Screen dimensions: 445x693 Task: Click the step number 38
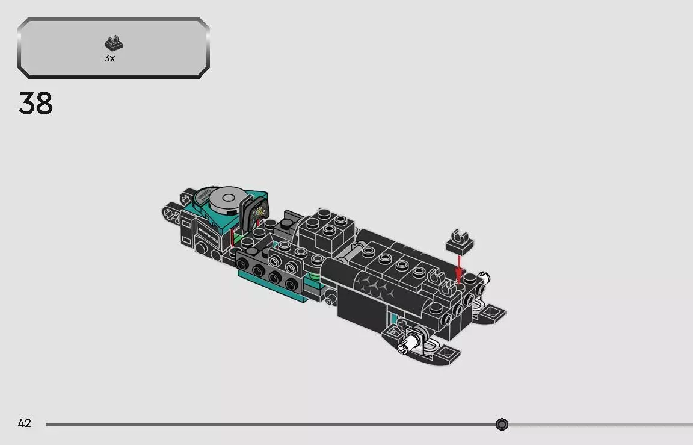coord(36,104)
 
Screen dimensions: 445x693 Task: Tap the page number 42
coord(24,423)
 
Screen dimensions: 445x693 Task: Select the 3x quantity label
coord(109,58)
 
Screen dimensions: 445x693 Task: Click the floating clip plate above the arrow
coord(459,240)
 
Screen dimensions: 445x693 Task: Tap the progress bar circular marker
coord(502,425)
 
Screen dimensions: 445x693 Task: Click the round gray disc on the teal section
coord(227,198)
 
